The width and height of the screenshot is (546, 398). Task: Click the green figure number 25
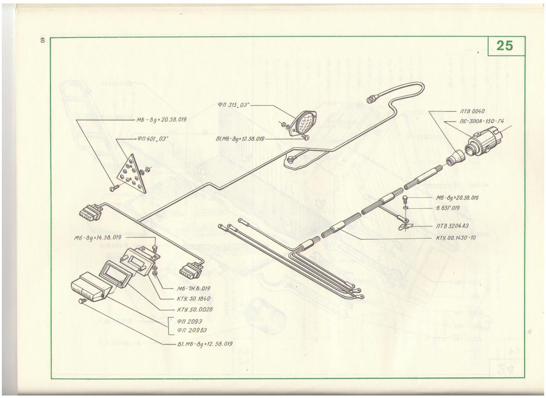point(505,46)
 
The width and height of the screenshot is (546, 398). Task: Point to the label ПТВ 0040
point(472,111)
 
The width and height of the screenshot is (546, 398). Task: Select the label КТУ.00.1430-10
point(456,238)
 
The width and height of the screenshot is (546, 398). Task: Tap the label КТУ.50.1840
point(190,299)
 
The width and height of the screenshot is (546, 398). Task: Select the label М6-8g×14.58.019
point(98,238)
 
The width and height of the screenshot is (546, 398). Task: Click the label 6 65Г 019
point(448,208)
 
